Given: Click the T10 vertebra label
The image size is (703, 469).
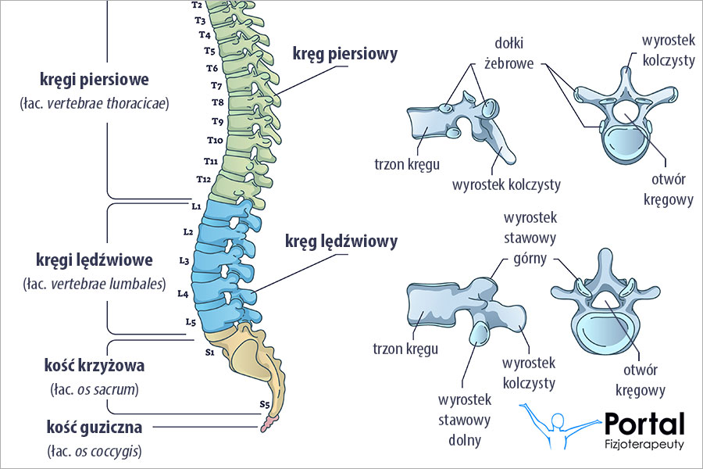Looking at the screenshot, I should pos(215,140).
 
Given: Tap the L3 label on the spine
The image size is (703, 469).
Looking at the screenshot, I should pos(184,260).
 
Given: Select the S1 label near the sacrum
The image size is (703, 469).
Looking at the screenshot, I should pos(209,353).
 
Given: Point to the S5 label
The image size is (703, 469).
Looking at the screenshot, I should pos(266,404).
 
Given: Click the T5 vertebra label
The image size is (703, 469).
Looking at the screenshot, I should pos(209,51).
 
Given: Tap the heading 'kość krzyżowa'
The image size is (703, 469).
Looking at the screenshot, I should pos(95,365).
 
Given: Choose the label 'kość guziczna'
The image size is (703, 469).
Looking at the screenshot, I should pos(95,427).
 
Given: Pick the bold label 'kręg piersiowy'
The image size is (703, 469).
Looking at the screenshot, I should pos(344,54).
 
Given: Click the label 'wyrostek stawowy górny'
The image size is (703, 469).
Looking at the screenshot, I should pos(530,238).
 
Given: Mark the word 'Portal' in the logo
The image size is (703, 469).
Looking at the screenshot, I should pos(644,424).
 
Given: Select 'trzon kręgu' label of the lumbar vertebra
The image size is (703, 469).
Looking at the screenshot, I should pos(405,349).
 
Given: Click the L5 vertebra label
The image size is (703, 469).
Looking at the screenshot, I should pos(191,322).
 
